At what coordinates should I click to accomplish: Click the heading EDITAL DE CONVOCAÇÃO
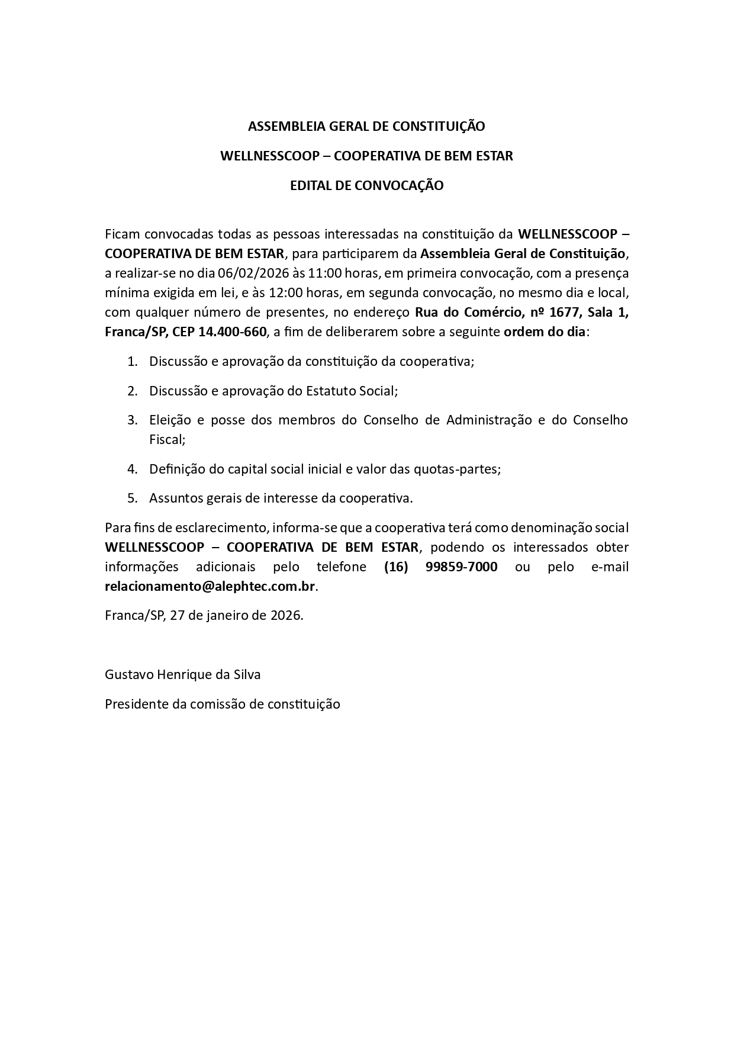click(366, 186)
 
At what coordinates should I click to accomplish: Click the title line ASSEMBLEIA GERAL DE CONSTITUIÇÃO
click(366, 127)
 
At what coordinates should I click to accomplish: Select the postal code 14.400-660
click(232, 332)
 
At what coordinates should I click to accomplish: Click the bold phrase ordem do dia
click(545, 332)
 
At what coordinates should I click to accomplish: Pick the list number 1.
click(132, 362)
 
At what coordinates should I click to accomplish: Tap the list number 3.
click(132, 420)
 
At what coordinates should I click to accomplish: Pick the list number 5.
click(132, 498)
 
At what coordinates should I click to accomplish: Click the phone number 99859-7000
click(461, 567)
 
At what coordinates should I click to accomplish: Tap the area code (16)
click(396, 567)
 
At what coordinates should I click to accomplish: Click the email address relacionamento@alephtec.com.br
click(210, 587)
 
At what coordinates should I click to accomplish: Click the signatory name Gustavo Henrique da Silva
click(183, 675)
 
